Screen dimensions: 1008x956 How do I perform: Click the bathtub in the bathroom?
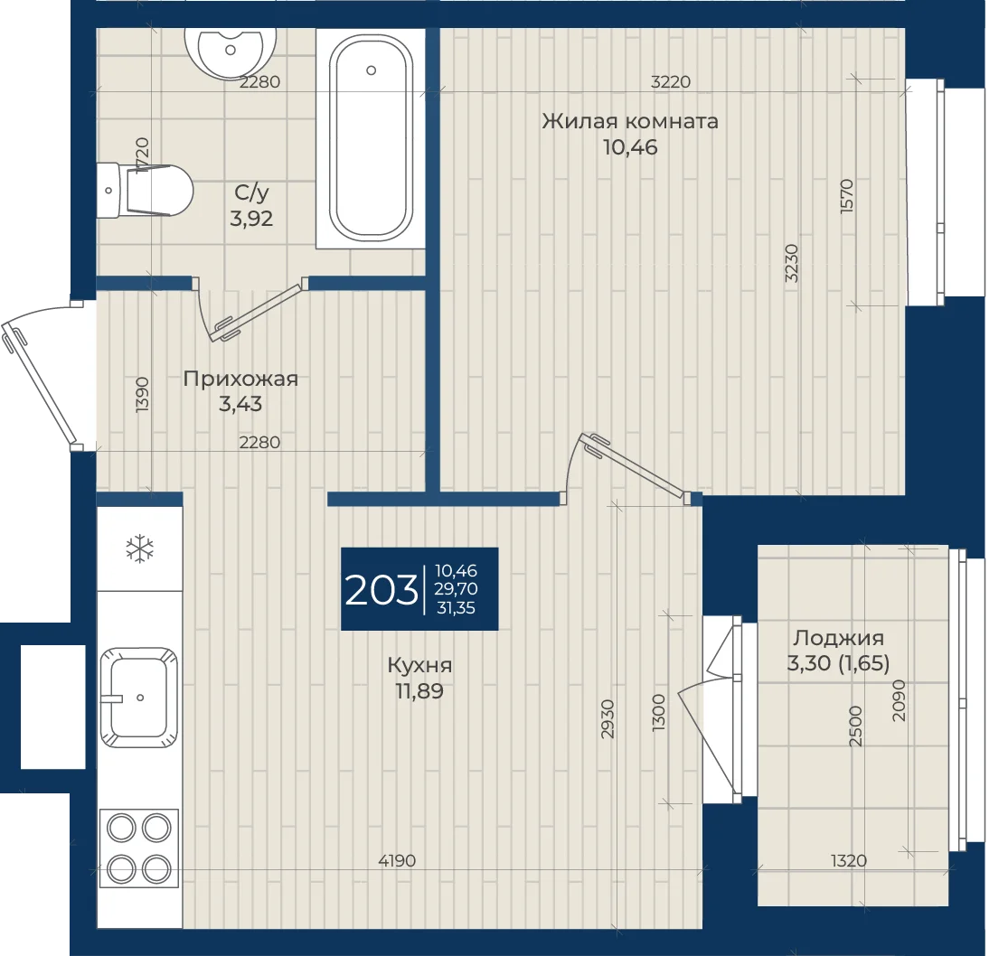371,138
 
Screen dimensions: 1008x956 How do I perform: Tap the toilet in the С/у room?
146,190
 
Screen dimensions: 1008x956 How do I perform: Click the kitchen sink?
139,697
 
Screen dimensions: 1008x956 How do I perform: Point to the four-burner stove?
139,848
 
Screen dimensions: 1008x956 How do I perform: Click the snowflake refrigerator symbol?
139,550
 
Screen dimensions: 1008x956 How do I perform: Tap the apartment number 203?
382,590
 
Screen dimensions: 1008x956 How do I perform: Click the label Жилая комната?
630,121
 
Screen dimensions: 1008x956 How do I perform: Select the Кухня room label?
419,666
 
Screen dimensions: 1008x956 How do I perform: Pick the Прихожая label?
240,379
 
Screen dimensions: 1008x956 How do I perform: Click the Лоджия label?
838,638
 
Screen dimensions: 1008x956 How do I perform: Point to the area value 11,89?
419,691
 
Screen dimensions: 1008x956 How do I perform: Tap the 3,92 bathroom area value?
251,219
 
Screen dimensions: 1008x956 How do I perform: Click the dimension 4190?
397,860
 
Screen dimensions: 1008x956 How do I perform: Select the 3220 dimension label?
671,81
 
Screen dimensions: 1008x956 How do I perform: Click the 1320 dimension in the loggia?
849,860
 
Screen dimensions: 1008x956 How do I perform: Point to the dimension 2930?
608,719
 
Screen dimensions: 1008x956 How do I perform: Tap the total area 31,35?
456,608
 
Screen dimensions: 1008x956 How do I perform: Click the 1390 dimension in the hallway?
143,395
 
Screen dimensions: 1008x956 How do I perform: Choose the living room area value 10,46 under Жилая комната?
630,147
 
